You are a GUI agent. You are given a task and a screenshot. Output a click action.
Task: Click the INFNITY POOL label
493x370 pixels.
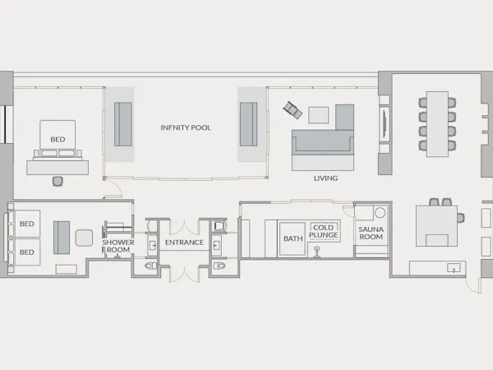tap(186, 127)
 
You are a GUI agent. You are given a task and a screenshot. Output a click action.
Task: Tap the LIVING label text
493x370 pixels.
tap(325, 178)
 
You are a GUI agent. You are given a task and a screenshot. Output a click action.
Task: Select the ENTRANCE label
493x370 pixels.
tap(185, 243)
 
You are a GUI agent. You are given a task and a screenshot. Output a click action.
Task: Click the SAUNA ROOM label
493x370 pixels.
tap(371, 233)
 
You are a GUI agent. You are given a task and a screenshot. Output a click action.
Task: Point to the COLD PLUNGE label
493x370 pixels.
tap(323, 231)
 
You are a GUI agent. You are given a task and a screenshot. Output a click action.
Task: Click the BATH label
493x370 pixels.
tap(293, 238)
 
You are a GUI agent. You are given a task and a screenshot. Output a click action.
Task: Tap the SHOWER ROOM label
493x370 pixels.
tap(117, 246)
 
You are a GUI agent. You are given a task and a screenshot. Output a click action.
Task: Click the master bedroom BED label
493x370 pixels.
tap(58, 139)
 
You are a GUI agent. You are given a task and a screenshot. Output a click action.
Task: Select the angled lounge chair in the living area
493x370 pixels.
tap(293, 110)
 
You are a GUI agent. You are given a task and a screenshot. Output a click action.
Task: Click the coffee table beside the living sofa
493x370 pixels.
tap(319, 115)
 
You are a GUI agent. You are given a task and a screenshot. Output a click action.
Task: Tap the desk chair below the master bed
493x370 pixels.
tap(58, 181)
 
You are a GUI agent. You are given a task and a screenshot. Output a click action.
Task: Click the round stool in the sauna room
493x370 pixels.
tap(380, 213)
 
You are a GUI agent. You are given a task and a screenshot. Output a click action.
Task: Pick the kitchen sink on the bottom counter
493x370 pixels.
tap(454, 268)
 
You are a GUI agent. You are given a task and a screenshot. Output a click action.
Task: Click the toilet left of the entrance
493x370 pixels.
tap(151, 266)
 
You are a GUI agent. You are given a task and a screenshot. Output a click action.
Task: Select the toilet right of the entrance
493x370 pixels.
tap(219, 266)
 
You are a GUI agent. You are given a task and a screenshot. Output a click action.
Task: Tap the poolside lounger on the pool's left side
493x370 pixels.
tap(123, 124)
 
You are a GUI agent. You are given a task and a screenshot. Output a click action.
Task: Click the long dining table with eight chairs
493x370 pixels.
tap(437, 124)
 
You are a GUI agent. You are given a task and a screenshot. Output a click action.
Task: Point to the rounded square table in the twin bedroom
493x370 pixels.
tap(84, 238)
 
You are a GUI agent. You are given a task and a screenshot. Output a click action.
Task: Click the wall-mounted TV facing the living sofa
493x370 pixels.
tap(385, 125)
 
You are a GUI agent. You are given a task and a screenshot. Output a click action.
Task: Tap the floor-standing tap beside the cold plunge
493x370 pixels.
tap(317, 252)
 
